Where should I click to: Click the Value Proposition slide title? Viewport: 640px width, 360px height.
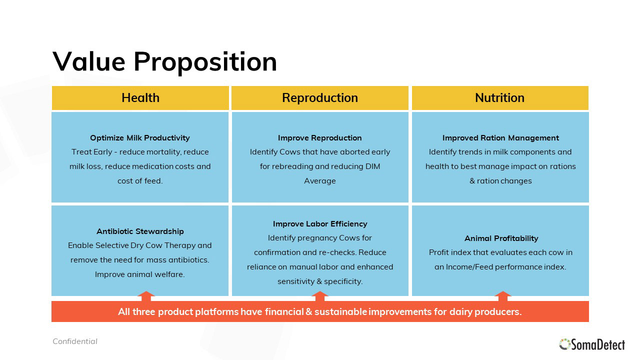[164, 61]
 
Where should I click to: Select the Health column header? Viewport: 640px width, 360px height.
[140, 97]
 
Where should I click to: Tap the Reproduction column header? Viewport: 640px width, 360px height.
[320, 97]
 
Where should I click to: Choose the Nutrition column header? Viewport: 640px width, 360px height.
[499, 97]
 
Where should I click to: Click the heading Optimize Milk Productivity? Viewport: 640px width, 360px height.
[140, 137]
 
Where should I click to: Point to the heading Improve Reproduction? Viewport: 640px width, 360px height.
[319, 137]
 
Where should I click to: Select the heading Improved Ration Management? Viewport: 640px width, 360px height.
[500, 137]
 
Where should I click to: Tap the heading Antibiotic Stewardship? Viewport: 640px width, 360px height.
[140, 231]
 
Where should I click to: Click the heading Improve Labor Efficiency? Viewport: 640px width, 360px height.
[320, 223]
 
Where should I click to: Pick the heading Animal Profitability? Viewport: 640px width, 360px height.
[501, 238]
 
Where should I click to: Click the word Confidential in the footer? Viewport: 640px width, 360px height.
[75, 341]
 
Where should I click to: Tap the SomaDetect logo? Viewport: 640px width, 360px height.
[592, 344]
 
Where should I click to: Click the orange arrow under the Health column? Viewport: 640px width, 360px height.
[146, 296]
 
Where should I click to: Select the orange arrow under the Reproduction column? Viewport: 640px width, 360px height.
[319, 296]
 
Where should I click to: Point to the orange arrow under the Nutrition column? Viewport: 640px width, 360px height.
[502, 296]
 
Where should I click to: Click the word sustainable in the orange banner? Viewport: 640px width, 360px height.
[340, 311]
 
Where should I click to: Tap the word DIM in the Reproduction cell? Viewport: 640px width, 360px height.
[373, 166]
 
